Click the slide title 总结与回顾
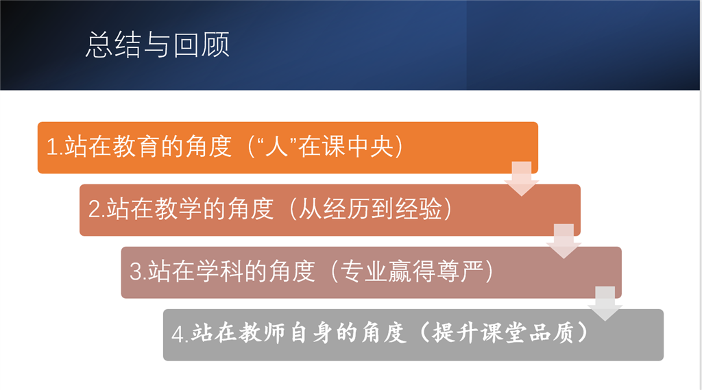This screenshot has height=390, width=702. [158, 45]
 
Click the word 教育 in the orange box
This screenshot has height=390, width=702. [136, 147]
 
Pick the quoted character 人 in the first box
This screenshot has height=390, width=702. [276, 147]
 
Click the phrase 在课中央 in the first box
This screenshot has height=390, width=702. [346, 147]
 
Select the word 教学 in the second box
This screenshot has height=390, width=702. [178, 209]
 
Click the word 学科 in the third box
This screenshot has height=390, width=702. [220, 271]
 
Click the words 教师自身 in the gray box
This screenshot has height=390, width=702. [286, 334]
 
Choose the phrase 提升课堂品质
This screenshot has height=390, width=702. [503, 334]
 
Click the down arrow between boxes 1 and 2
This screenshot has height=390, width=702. [522, 179]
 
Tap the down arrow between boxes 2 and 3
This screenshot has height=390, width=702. [564, 241]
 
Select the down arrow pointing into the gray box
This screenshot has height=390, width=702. [605, 304]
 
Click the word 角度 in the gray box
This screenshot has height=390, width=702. [384, 334]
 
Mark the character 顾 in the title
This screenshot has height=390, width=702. [216, 45]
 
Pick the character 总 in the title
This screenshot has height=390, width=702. [99, 45]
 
